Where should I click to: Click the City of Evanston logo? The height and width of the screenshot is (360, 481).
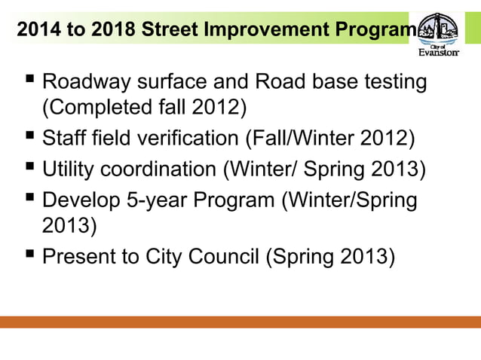[x=437, y=33]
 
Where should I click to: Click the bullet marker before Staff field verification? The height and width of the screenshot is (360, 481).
[x=27, y=137]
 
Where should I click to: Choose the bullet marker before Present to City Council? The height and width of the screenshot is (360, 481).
[x=27, y=255]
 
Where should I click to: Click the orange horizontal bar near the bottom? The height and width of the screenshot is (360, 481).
[x=240, y=322]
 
